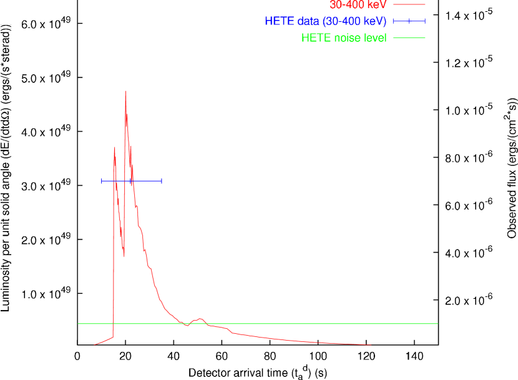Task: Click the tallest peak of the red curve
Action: click(x=125, y=92)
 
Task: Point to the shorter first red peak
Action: click(x=114, y=148)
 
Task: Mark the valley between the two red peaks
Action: click(x=124, y=255)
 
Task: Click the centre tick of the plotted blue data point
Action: click(x=132, y=181)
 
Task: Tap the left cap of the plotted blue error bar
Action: click(x=102, y=181)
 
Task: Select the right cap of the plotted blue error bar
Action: click(x=162, y=181)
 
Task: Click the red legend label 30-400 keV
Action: click(x=358, y=4)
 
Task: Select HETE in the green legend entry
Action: click(x=315, y=38)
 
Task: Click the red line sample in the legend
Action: click(x=409, y=4)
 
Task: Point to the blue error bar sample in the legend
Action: click(x=409, y=21)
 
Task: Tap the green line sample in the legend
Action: click(x=409, y=38)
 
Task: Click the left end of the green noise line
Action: click(x=79, y=323)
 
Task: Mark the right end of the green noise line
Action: click(x=437, y=323)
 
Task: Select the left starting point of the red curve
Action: click(x=95, y=344)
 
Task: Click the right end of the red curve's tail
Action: click(x=371, y=344)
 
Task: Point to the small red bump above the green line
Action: click(x=200, y=318)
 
